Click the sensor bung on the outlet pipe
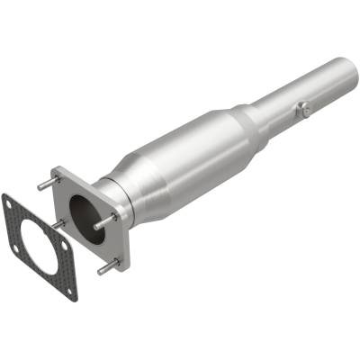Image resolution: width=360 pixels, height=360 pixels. pos(303,110)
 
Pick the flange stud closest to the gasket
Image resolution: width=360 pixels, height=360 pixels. pos(58,223)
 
